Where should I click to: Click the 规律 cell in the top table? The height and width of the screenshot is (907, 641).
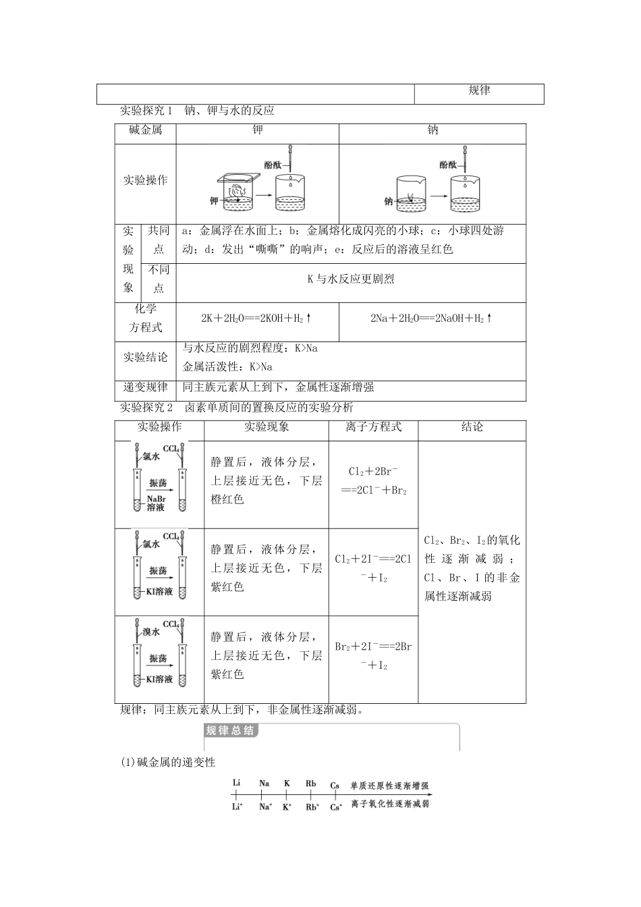point(479,91)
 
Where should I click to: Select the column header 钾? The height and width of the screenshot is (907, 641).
point(257,131)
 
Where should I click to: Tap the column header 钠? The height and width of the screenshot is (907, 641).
point(433,131)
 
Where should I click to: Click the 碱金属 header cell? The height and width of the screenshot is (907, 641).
point(146,131)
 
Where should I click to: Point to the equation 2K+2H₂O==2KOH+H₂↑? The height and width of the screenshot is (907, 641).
point(256,318)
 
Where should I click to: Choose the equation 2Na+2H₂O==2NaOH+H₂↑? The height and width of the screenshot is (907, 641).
point(432,318)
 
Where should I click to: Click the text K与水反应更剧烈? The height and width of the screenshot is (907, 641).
point(350,279)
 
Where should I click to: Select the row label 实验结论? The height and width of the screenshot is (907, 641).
point(146,357)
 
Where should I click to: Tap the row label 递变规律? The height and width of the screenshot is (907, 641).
point(146,387)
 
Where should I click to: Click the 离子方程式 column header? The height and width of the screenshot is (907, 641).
point(373,427)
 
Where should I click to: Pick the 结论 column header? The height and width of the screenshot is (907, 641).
point(472,427)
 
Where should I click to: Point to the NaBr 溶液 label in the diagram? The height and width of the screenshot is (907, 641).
point(156,503)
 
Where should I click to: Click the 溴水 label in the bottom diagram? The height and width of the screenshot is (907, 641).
point(151,632)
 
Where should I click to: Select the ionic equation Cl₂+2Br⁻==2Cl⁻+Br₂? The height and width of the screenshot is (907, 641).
point(373,481)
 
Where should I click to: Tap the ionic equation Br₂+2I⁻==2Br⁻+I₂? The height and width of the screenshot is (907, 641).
point(373,655)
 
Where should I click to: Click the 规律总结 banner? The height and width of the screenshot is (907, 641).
point(230,731)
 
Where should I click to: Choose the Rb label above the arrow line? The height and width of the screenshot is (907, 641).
point(311,784)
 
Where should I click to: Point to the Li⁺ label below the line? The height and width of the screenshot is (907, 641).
point(237,806)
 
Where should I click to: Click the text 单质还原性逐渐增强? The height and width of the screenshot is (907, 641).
point(389,786)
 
